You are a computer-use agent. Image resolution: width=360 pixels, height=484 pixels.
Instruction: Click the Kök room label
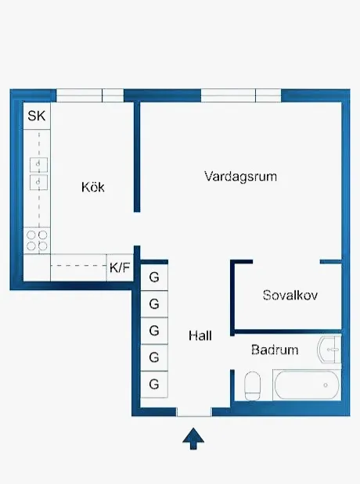pyautogui.click(x=92, y=188)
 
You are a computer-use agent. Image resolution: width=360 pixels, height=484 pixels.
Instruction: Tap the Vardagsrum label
pyautogui.click(x=240, y=176)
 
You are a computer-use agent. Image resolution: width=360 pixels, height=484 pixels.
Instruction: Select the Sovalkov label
pyautogui.click(x=290, y=296)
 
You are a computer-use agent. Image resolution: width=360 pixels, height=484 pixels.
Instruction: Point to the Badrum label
pyautogui.click(x=275, y=350)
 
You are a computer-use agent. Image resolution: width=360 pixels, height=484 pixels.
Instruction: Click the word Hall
pyautogui.click(x=200, y=336)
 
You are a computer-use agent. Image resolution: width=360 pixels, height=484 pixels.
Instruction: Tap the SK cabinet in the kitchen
pyautogui.click(x=36, y=117)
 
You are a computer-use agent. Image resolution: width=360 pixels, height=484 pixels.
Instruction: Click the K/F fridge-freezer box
pyautogui.click(x=120, y=267)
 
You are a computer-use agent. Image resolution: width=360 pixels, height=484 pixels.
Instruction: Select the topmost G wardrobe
pyautogui.click(x=154, y=276)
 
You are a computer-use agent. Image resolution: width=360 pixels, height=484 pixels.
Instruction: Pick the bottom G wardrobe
pyautogui.click(x=154, y=384)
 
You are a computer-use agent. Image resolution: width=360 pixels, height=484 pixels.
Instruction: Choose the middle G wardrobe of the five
pyautogui.click(x=154, y=330)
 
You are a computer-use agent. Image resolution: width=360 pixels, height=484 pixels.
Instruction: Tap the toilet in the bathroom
pyautogui.click(x=253, y=385)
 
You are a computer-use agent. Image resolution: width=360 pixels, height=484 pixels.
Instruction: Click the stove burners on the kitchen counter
pyautogui.click(x=36, y=239)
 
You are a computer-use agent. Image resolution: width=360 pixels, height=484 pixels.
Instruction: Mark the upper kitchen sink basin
pyautogui.click(x=37, y=163)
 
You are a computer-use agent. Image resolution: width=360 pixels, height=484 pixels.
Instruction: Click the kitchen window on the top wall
pyautogui.click(x=90, y=95)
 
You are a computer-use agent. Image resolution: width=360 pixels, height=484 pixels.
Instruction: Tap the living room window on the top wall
pyautogui.click(x=240, y=95)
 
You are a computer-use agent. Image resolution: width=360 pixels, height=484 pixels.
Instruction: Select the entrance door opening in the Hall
pyautogui.click(x=194, y=412)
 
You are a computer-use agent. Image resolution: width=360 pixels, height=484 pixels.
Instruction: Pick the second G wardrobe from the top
pyautogui.click(x=154, y=303)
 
